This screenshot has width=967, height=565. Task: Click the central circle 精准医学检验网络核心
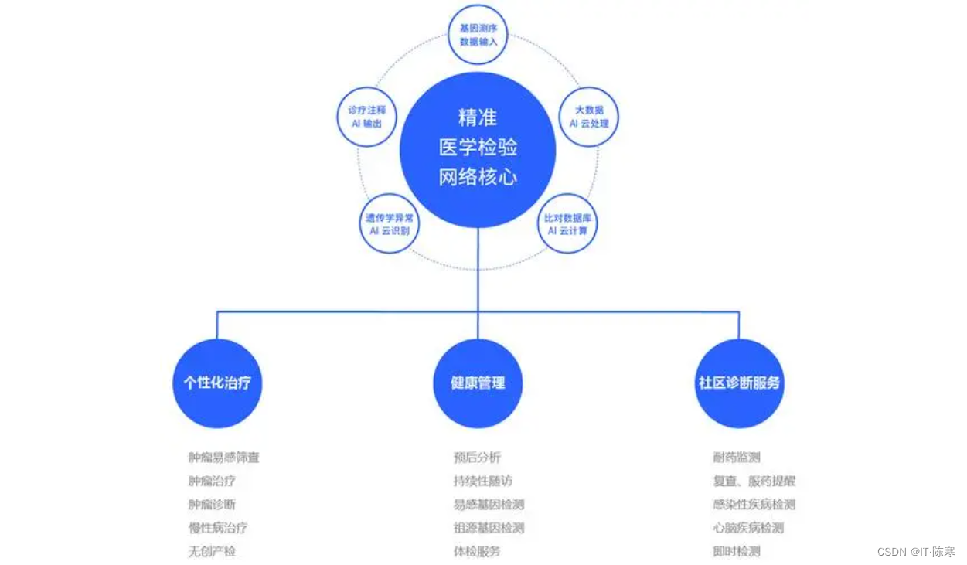tap(478, 149)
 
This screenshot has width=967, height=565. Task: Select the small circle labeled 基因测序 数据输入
tap(478, 35)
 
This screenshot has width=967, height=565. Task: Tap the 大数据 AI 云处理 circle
tap(588, 117)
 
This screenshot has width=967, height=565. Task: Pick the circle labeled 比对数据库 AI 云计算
tap(567, 223)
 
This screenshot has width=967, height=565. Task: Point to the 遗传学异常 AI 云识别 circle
tap(389, 223)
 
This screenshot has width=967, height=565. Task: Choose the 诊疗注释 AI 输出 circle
tap(366, 117)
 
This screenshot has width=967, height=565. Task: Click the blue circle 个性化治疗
tap(217, 383)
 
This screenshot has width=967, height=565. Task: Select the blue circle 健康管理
tap(478, 383)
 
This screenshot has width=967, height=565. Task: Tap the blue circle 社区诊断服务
tap(739, 383)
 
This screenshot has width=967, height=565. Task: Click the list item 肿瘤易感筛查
tap(224, 458)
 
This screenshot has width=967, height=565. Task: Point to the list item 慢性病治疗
tap(218, 528)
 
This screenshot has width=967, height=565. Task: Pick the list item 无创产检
tap(213, 551)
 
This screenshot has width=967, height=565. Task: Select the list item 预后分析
tap(477, 458)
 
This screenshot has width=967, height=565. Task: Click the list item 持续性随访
tap(482, 481)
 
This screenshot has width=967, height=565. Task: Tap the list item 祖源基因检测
tap(489, 528)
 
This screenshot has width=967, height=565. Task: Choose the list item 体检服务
tap(477, 551)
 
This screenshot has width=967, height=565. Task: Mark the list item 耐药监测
tap(737, 458)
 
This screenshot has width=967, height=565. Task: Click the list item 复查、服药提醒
tap(754, 481)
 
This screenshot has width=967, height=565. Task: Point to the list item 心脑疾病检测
tap(748, 528)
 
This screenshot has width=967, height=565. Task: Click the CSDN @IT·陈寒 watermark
tap(916, 552)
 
